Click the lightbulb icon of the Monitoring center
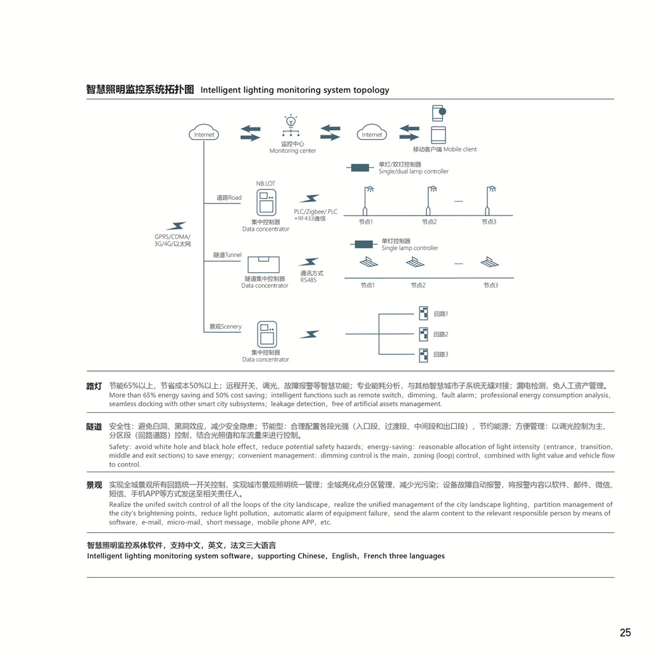pyautogui.click(x=291, y=121)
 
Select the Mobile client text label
pyautogui.click(x=460, y=149)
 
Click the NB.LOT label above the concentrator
pyautogui.click(x=265, y=183)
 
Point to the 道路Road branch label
pyautogui.click(x=229, y=198)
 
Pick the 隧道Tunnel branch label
pyautogui.click(x=227, y=255)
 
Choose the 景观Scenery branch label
pyautogui.click(x=225, y=327)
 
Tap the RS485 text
pyautogui.click(x=308, y=280)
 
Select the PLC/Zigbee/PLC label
pyautogui.click(x=315, y=212)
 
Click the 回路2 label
pyautogui.click(x=441, y=334)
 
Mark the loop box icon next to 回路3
pyautogui.click(x=423, y=355)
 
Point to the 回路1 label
pyautogui.click(x=441, y=313)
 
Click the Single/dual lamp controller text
pyautogui.click(x=414, y=171)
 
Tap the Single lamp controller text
pyautogui.click(x=410, y=248)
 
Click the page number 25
pyautogui.click(x=625, y=633)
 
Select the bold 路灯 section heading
pyautogui.click(x=94, y=386)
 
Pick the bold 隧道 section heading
pyautogui.click(x=94, y=426)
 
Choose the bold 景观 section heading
pyautogui.click(x=94, y=485)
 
